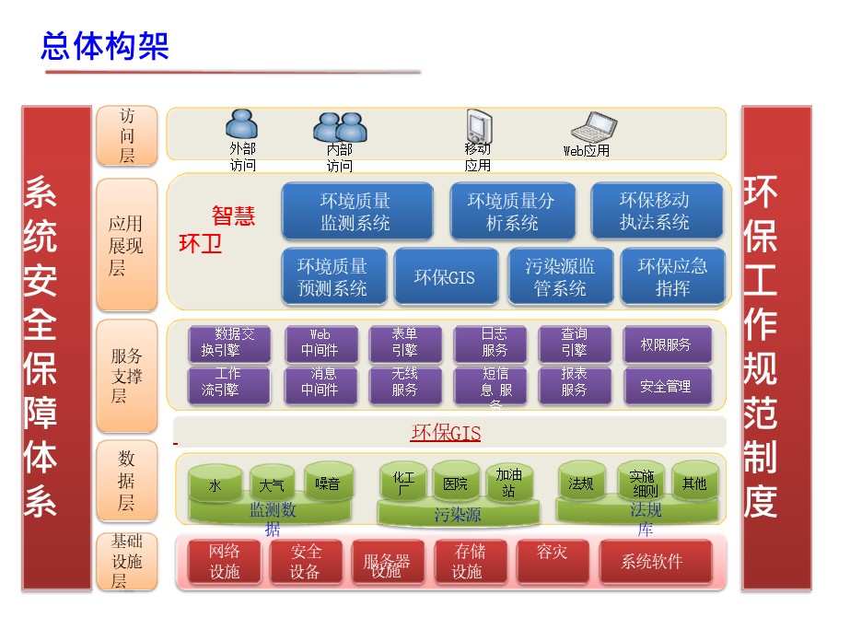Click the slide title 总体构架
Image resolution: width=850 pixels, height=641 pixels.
pyautogui.click(x=105, y=45)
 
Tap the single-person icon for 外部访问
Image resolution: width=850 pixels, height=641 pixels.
pyautogui.click(x=241, y=125)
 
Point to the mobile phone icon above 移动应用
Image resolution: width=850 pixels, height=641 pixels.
pyautogui.click(x=477, y=126)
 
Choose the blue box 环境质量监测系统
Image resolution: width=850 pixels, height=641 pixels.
pyautogui.click(x=356, y=211)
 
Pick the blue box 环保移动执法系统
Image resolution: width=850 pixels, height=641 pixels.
pyautogui.click(x=655, y=211)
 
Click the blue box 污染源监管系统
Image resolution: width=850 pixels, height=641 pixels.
pyautogui.click(x=560, y=277)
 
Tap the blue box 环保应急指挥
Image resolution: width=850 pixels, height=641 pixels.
pyautogui.click(x=672, y=277)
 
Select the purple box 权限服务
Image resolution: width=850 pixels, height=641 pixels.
pyautogui.click(x=666, y=344)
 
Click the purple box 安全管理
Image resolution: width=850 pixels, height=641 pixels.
pyautogui.click(x=666, y=387)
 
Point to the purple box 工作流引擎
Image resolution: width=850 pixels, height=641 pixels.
pyautogui.click(x=228, y=387)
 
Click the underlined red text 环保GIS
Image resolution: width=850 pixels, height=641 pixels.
pyautogui.click(x=446, y=433)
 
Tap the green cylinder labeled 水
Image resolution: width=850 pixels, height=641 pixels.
pyautogui.click(x=215, y=484)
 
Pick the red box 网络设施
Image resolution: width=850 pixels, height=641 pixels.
pyautogui.click(x=224, y=562)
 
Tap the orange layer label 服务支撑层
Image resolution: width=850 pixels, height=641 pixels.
pyautogui.click(x=127, y=376)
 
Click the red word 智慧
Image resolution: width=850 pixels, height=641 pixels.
pyautogui.click(x=233, y=216)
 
